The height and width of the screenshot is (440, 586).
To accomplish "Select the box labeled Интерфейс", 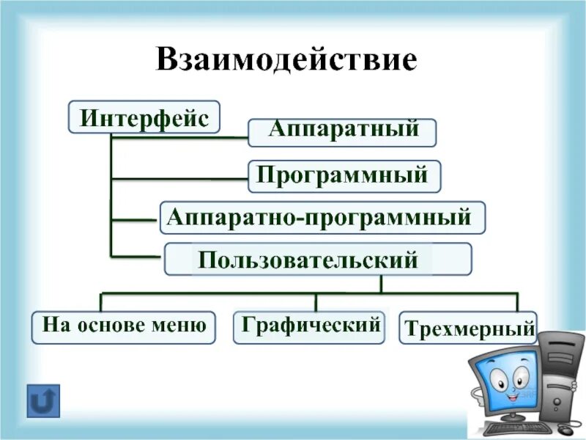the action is tap(144, 117).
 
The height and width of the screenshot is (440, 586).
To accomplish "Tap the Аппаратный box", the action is tap(342, 132).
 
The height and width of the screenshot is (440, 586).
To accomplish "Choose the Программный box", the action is tap(344, 176).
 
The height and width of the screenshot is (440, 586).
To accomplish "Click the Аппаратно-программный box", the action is tap(322, 218).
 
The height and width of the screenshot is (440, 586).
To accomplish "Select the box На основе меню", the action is tap(124, 326).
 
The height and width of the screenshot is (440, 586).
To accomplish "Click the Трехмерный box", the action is tap(467, 328).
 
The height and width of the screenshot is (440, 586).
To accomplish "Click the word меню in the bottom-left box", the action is tap(183, 324).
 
